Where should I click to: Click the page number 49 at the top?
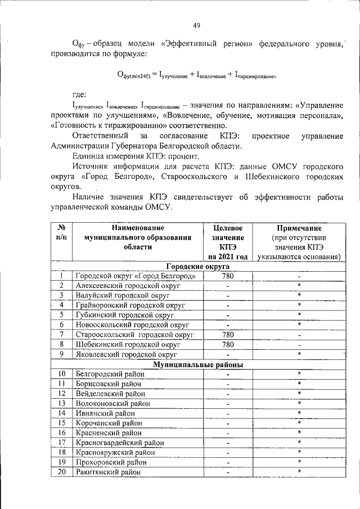pos(196,25)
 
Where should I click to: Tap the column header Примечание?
pos(299,228)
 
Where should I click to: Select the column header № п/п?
pos(61,233)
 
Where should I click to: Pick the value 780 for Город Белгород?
pos(228,276)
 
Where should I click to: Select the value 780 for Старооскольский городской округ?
pos(228,335)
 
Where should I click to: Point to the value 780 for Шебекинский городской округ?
pos(228,344)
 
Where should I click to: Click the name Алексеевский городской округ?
pos(128,286)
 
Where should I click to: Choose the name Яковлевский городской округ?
pos(126,354)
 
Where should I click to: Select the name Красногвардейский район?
pos(120,442)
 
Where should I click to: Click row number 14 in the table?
pos(61,413)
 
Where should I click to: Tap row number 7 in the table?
pos(61,335)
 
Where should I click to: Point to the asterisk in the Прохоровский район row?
pos(299,461)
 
